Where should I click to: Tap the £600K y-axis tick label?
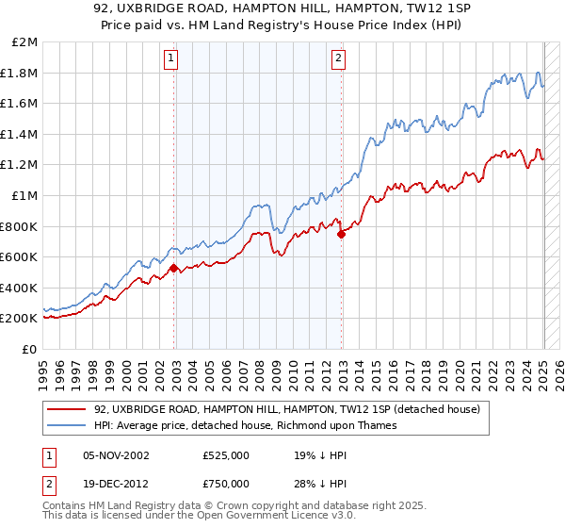point(19,257)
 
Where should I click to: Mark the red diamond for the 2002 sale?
point(174,269)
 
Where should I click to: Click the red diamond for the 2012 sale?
point(342,235)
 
